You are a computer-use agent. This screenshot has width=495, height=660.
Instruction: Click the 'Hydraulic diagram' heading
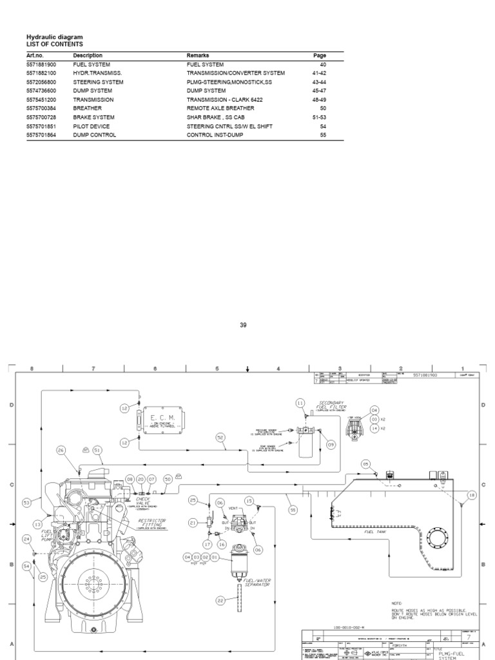pyautogui.click(x=54, y=37)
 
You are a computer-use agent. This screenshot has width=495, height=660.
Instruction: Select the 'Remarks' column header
pyautogui.click(x=197, y=56)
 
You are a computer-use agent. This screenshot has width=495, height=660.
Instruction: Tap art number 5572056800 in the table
pyautogui.click(x=41, y=82)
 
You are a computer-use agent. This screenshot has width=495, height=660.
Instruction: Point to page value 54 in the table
pyautogui.click(x=323, y=126)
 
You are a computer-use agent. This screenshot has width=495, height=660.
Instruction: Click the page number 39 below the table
pyautogui.click(x=243, y=325)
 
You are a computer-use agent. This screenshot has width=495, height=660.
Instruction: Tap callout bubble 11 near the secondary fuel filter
pyautogui.click(x=300, y=403)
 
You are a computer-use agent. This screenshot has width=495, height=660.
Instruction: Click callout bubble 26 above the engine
pyautogui.click(x=61, y=451)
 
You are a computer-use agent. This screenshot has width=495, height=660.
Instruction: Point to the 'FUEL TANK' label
pyautogui.click(x=375, y=532)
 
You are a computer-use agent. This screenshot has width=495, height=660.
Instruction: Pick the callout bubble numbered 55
pyautogui.click(x=293, y=509)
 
